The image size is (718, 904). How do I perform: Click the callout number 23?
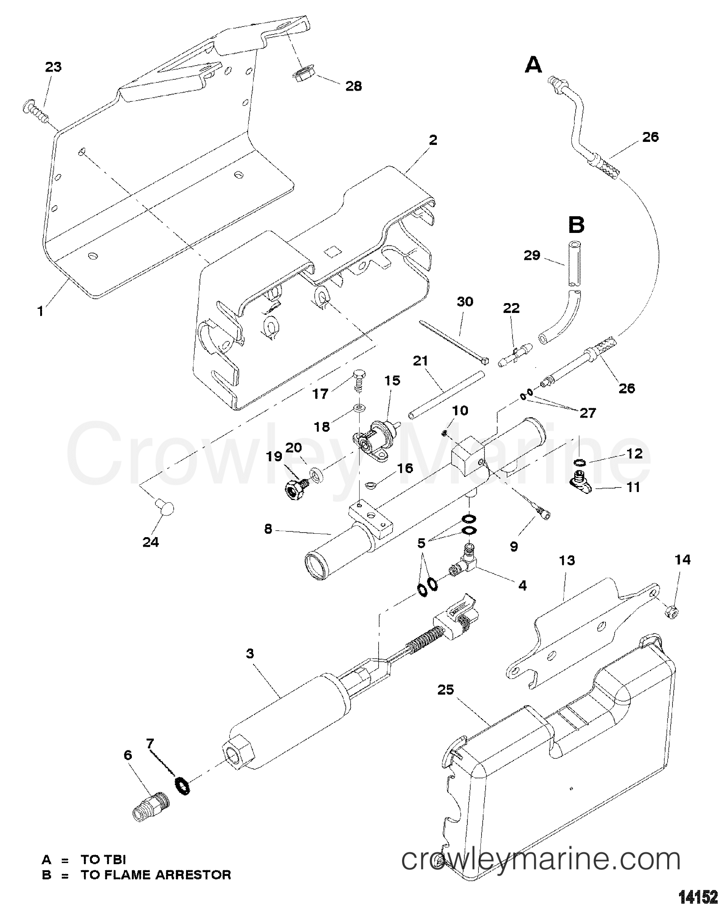point(53,67)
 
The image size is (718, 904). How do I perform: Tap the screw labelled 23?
point(36,110)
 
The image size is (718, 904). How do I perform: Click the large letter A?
point(533,66)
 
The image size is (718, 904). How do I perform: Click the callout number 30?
point(465,302)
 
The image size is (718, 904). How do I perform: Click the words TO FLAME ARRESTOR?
point(155,875)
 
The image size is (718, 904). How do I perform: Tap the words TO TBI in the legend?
point(103,860)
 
